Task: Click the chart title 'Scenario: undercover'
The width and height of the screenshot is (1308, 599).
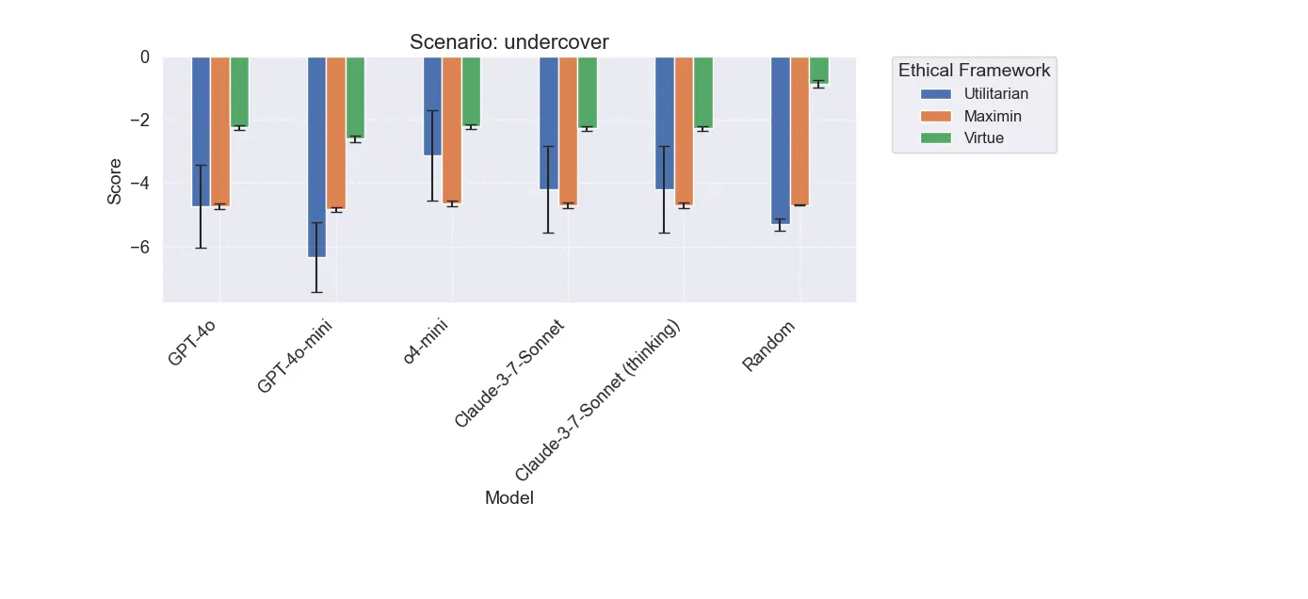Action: pos(509,42)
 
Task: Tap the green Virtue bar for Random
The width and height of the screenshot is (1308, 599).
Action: pos(818,69)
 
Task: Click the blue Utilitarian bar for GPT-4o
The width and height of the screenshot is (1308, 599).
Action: pos(201,131)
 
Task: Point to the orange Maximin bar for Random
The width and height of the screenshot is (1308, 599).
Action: pos(799,131)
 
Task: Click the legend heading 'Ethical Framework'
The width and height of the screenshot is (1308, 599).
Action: pos(974,70)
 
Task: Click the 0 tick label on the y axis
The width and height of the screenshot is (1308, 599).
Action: pos(144,57)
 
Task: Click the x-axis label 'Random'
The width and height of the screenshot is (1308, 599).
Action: pos(768,346)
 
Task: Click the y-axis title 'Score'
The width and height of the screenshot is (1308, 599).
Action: pos(114,180)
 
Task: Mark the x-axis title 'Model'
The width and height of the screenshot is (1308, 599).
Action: pos(509,498)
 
